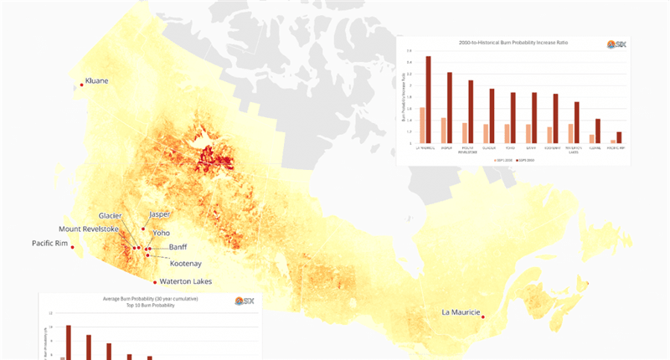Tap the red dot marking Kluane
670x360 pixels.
[81, 84]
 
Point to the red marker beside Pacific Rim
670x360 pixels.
[72, 247]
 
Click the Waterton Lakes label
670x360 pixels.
[185, 281]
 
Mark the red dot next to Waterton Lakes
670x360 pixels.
[155, 282]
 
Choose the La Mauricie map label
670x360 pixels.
[461, 312]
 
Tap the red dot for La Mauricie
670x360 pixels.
[483, 316]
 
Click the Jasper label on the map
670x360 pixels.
[159, 214]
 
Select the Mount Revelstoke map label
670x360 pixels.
[89, 229]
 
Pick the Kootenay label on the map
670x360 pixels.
[180, 263]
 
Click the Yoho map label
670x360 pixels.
[162, 233]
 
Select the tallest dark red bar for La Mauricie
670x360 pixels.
[428, 100]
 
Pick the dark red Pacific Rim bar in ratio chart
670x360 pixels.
[619, 137]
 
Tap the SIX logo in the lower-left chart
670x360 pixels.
[245, 301]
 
